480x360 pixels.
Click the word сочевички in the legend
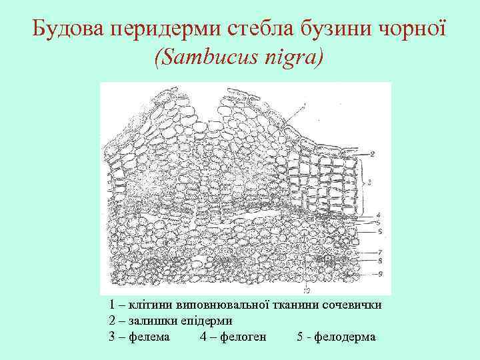click(x=353, y=305)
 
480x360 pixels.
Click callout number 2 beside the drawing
click(x=373, y=154)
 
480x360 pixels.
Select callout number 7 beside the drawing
click(x=379, y=253)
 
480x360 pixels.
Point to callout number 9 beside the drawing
click(x=379, y=273)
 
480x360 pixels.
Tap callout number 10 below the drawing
click(x=306, y=290)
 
